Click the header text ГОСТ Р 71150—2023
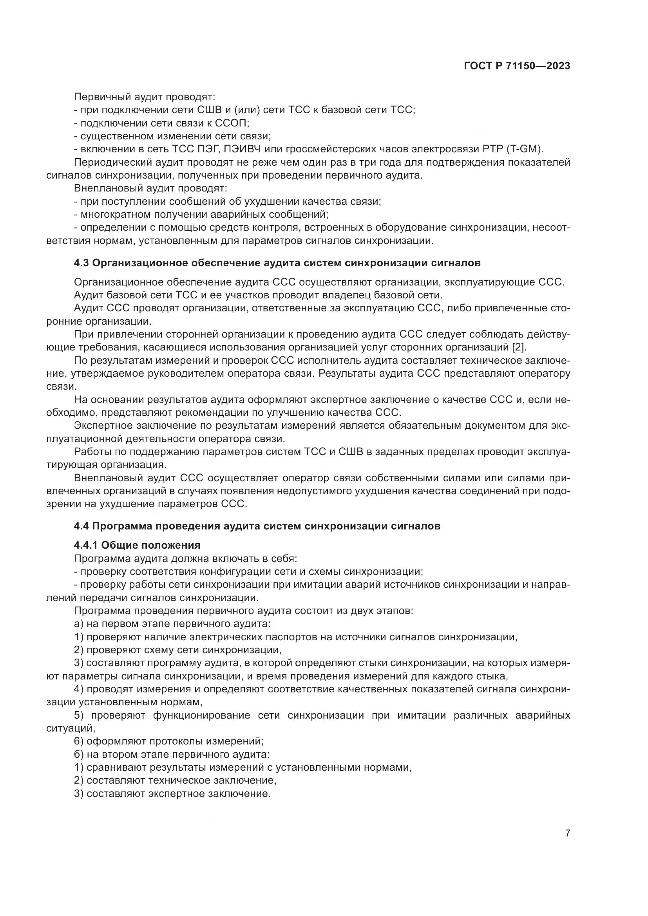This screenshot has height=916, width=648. tap(517, 66)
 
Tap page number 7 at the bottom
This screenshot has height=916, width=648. tap(567, 833)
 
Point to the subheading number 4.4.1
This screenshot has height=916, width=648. tap(86, 545)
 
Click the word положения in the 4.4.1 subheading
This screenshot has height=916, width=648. tap(176, 545)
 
